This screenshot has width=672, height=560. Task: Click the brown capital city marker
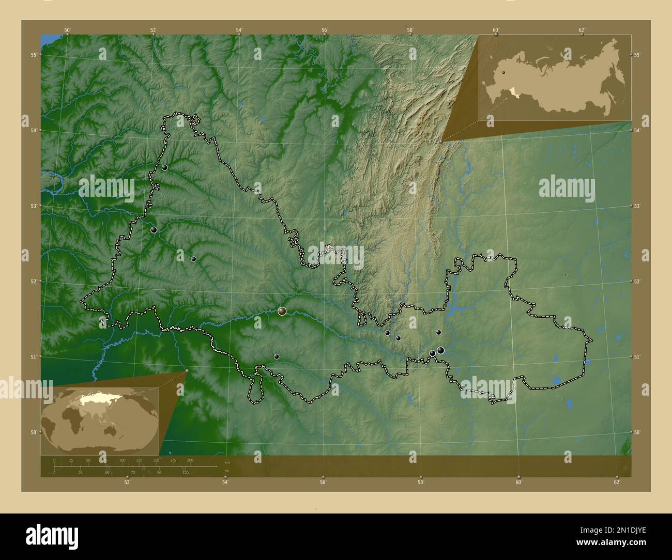coord(282,311)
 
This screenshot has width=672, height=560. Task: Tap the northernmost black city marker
coord(164,167)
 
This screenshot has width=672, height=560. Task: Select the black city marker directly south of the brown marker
coord(277,356)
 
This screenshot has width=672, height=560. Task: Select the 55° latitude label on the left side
coord(33,55)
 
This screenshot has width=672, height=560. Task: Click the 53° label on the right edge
coord(637,206)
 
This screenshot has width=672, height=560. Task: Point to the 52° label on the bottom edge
coord(127,482)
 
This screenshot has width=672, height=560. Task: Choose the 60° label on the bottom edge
coord(518,482)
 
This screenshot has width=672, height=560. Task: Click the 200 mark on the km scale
coord(190,460)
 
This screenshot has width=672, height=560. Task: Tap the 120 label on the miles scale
coord(185,472)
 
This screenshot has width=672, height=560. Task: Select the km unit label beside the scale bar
coord(226,463)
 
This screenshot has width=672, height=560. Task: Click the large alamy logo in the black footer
coord(52,536)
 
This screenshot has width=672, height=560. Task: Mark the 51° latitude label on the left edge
coord(33,357)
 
